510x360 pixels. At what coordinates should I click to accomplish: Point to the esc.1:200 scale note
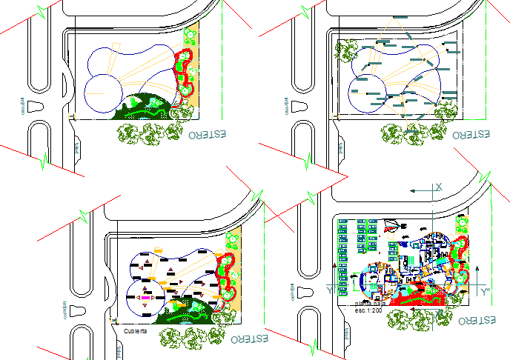click(x=368, y=311)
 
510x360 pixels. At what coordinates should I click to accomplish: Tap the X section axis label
click(x=439, y=186)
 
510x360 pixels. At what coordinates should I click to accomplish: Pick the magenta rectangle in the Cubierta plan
click(x=145, y=297)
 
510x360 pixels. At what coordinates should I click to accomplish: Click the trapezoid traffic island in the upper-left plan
click(x=39, y=106)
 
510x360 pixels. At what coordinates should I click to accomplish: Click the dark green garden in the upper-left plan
click(x=141, y=108)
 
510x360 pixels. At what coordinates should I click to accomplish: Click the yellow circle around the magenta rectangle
click(x=145, y=297)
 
